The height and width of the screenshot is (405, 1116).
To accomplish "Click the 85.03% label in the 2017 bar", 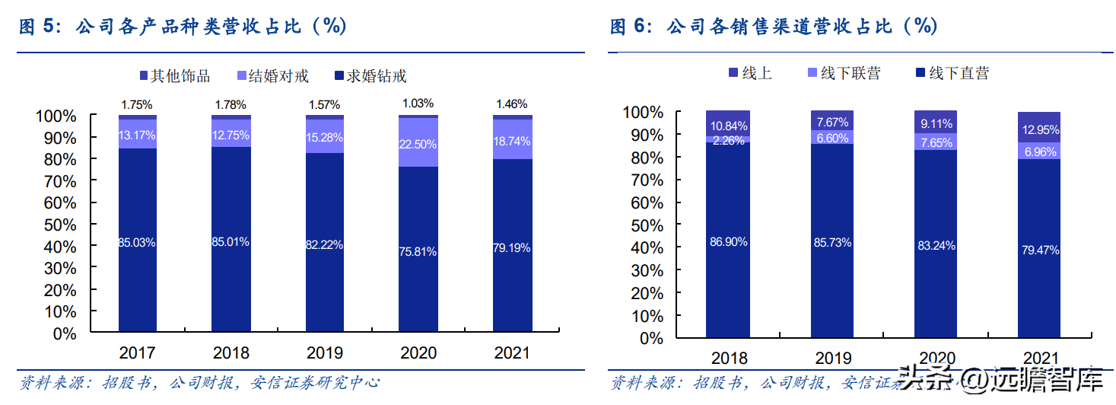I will point(137,243).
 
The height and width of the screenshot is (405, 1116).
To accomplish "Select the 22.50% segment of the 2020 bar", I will point(418,142).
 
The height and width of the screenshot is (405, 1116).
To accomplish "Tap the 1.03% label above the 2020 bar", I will point(418,103).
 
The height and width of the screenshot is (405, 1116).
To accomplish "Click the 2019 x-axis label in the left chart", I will point(325,353).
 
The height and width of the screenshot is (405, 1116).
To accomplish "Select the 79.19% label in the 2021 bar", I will point(512,247).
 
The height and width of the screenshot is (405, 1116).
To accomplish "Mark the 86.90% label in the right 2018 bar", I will point(729,242).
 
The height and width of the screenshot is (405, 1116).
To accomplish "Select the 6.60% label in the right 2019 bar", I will point(832,138).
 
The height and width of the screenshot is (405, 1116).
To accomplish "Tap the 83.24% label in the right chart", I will point(936,246).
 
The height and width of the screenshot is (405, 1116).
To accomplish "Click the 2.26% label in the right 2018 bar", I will point(729,139).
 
